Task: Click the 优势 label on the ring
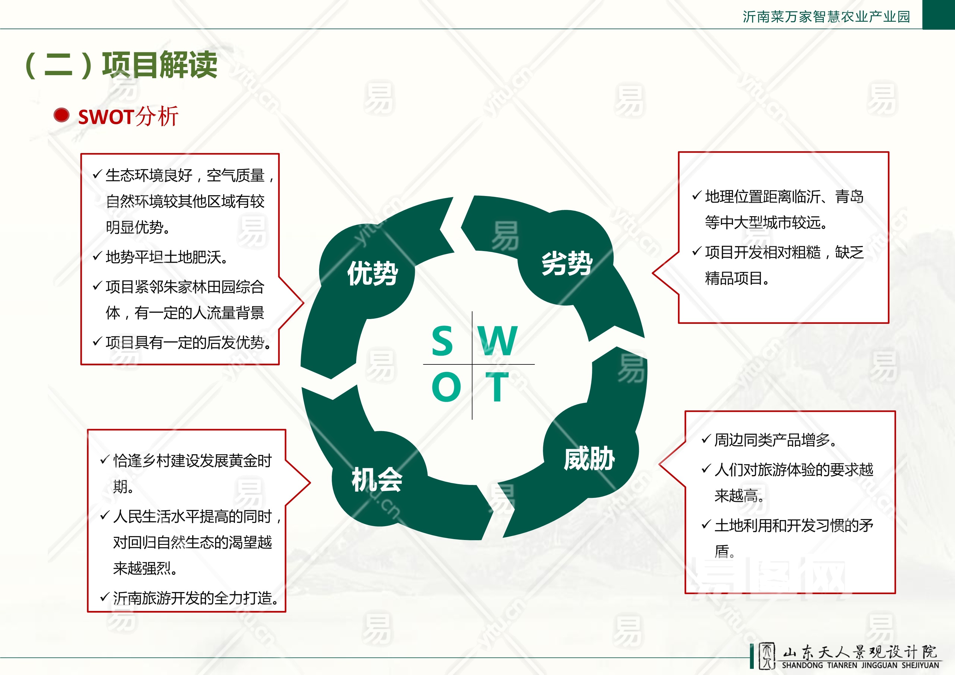[373, 273]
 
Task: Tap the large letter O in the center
[446, 387]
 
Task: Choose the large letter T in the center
[497, 387]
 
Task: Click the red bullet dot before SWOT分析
[62, 115]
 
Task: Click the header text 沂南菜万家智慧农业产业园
[827, 17]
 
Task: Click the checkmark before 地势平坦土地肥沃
[97, 256]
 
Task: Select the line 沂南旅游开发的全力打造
[196, 598]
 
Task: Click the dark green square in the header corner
[939, 14]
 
